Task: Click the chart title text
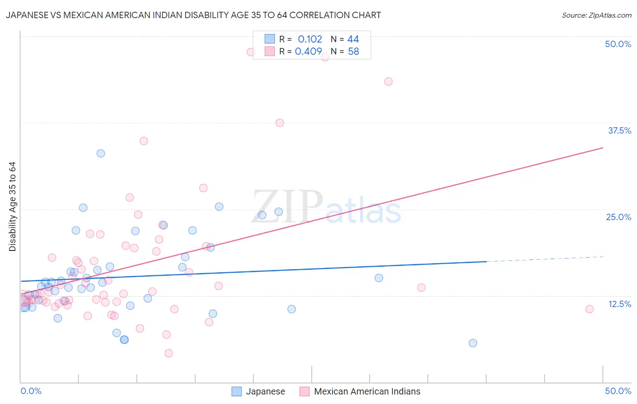pos(193,15)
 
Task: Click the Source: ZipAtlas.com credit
pos(596,15)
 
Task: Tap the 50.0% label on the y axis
pos(618,44)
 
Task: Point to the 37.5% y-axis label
pos(619,130)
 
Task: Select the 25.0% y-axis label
pos(618,217)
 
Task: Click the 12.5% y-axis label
pos(619,304)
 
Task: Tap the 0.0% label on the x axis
pos(31,391)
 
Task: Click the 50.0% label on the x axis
pos(618,391)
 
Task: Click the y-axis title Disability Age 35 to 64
pos(12,207)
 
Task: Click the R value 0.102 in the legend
pos(310,39)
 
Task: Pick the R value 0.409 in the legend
pos(309,51)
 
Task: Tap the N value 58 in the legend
pos(353,51)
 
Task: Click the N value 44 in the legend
pos(353,39)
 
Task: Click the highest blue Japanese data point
pos(101,154)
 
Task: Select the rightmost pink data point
pos(589,309)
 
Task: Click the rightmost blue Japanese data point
pos(473,343)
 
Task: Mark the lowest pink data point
pos(169,353)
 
